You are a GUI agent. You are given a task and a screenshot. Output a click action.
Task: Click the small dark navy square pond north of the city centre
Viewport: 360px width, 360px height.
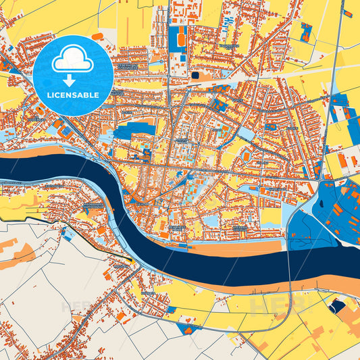pos(196,76)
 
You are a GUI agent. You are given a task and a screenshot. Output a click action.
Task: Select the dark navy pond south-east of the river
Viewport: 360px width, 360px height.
pos(336,307)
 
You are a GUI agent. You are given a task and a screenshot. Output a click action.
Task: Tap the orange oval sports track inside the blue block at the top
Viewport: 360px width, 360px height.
pos(182,40)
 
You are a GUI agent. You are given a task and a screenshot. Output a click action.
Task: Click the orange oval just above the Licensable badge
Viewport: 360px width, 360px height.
pos(97,36)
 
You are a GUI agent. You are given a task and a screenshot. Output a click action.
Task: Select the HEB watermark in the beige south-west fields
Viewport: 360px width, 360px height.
pos(78,307)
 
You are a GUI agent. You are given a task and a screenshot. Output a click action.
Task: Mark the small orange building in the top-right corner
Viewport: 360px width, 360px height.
pos(347,13)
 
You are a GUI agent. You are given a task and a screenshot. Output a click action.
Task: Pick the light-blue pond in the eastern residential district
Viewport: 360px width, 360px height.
pos(247,135)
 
